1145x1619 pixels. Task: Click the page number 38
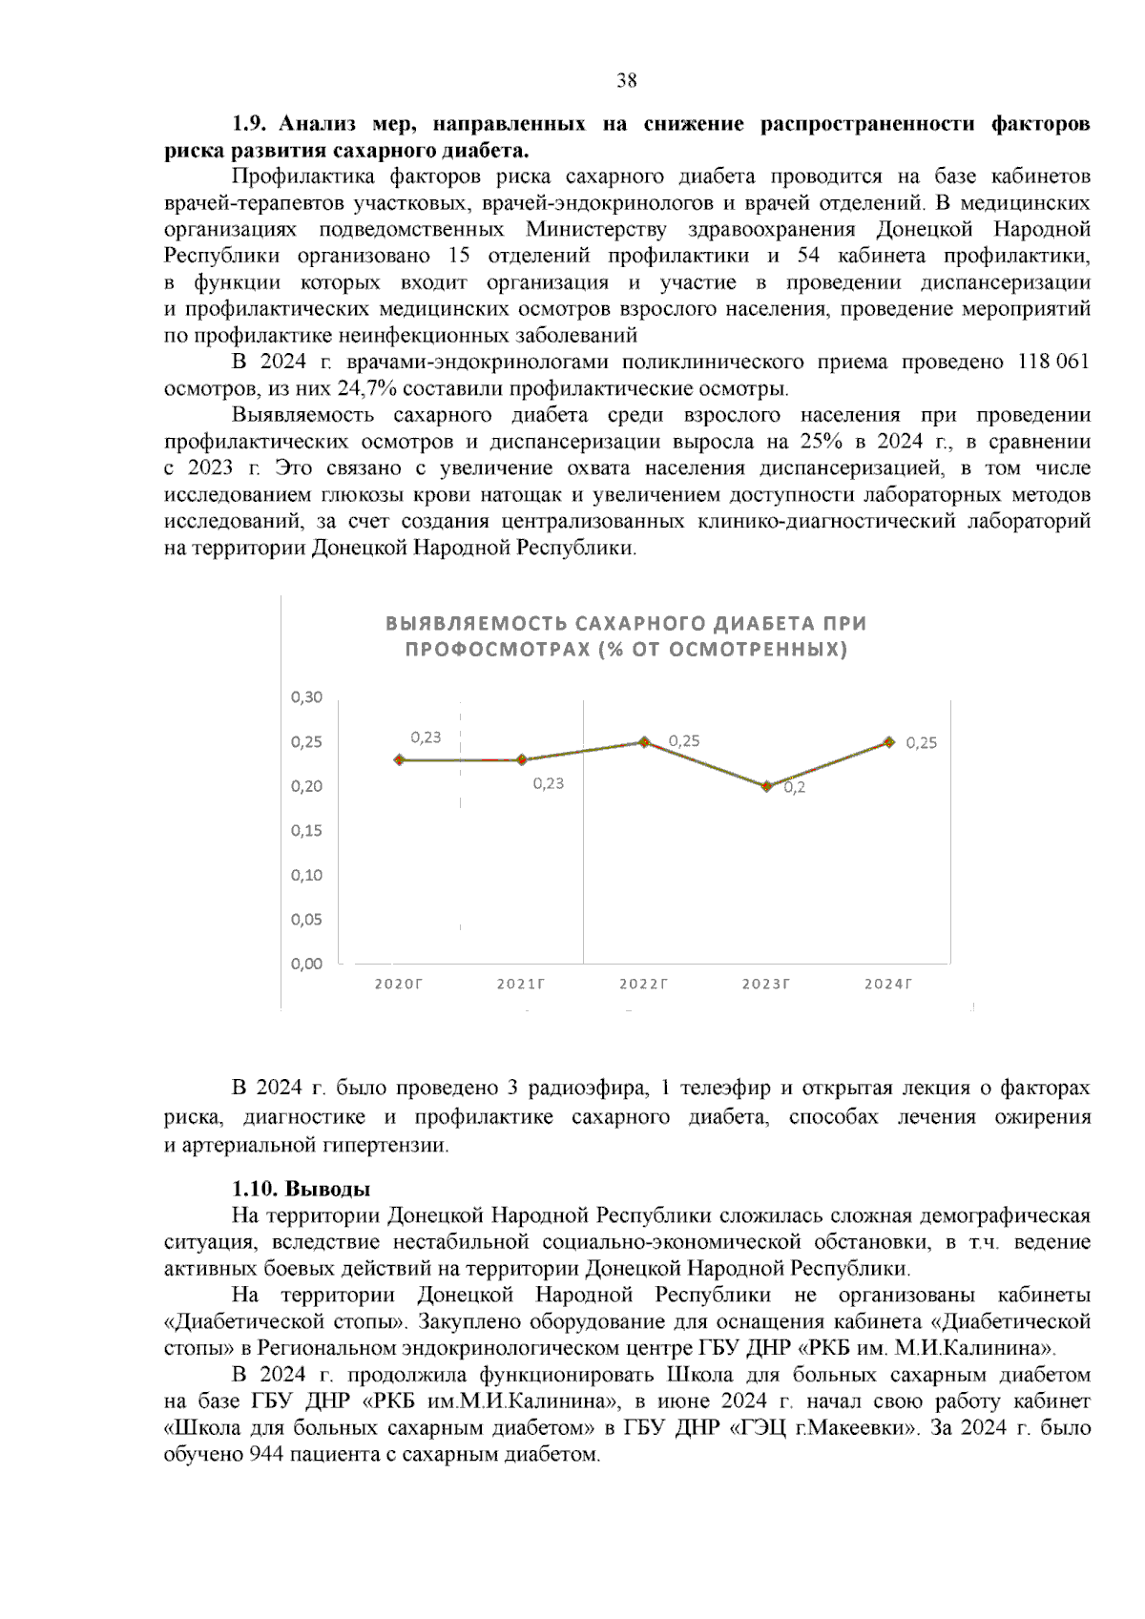coord(627,80)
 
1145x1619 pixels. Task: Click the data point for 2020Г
coord(399,759)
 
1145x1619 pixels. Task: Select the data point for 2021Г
coord(521,759)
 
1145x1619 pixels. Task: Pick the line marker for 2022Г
coord(644,741)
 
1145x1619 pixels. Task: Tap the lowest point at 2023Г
coord(766,786)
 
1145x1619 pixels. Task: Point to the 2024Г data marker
coord(888,741)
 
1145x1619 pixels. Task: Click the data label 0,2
coord(794,788)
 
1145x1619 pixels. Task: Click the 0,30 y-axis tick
coord(306,696)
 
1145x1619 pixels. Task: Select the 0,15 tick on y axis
coord(306,830)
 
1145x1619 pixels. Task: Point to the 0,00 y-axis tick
coord(306,964)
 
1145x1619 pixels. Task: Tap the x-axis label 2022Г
coord(643,984)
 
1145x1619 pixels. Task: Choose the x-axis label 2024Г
coord(888,984)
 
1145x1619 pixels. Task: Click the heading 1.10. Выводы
coord(302,1189)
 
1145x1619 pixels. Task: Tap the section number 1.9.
coord(253,124)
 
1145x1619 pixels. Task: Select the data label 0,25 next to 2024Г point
coord(921,743)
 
